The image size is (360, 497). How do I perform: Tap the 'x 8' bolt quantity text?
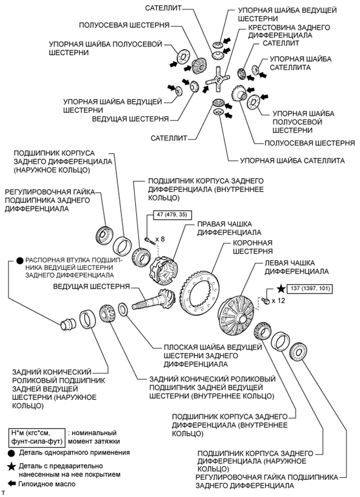pos(164,238)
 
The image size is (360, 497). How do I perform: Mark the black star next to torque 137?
pos(281,288)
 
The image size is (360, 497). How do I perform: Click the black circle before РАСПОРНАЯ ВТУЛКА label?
pos(19,259)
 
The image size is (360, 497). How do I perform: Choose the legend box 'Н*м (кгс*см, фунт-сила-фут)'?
pos(36,436)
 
